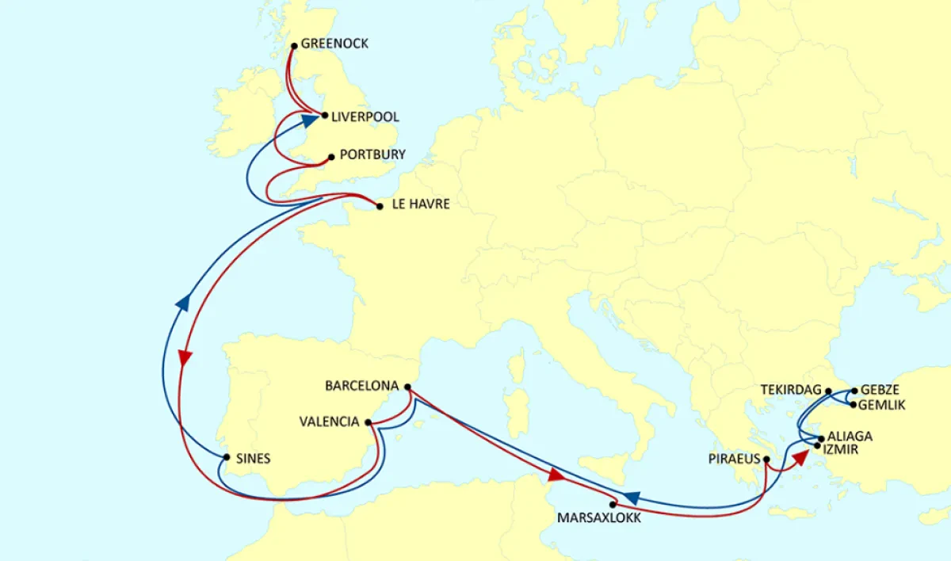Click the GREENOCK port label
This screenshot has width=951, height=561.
point(334,44)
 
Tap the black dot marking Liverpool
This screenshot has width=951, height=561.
point(324,116)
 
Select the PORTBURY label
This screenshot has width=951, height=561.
point(372,155)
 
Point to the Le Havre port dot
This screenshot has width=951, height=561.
point(380,207)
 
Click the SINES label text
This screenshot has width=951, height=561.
point(254,459)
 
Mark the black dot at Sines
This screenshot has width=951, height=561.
point(227,457)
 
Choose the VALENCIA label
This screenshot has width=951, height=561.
point(329,422)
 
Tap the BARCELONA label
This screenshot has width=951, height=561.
point(361,387)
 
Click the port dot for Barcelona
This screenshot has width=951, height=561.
point(407,387)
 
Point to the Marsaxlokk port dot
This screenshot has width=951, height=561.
point(613,504)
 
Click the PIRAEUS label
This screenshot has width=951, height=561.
point(734,459)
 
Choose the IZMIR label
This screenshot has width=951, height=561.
point(846,449)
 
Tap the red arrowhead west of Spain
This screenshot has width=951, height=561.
point(185,357)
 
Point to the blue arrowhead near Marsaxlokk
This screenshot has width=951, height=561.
point(632,498)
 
